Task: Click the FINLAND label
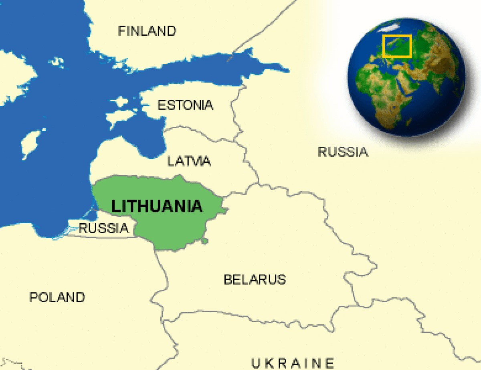tap(147, 31)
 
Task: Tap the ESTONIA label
tap(185, 105)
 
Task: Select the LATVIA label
tap(189, 161)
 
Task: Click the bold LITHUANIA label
tap(157, 206)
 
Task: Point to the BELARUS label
tap(255, 279)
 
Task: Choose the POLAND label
tap(57, 297)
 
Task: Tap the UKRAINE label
tap(293, 363)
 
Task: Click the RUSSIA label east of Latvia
tap(343, 152)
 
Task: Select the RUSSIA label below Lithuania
tap(104, 228)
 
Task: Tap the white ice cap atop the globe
tap(390, 27)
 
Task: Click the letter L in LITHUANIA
tap(115, 206)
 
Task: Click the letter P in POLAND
tap(33, 297)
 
